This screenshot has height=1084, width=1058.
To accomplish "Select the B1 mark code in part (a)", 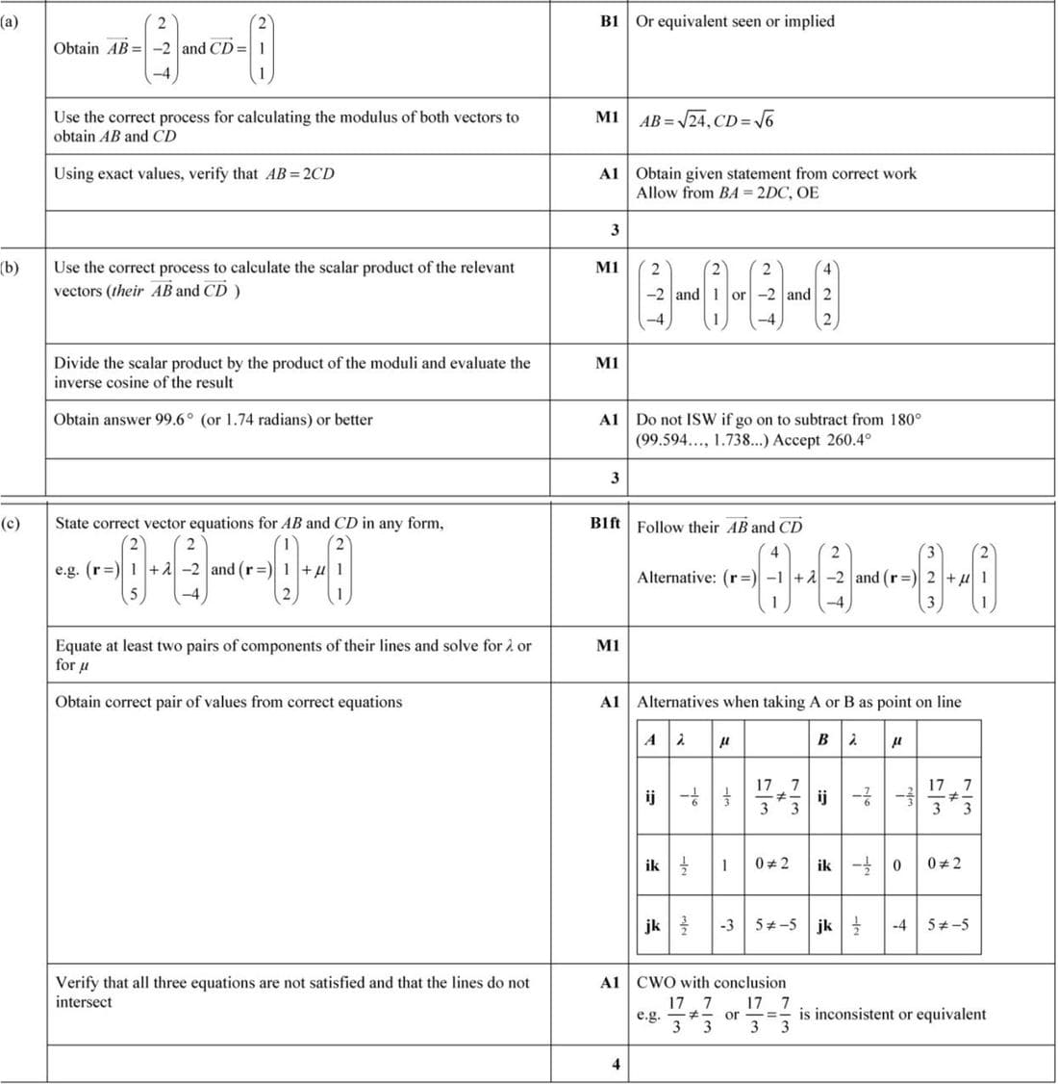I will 608,20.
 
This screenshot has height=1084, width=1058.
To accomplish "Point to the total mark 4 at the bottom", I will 616,1064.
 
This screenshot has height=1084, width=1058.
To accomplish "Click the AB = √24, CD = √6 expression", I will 706,121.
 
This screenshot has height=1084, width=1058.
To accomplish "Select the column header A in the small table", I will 650,739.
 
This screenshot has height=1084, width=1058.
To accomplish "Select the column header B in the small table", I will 822,739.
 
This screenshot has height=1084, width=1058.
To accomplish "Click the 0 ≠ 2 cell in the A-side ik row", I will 771,864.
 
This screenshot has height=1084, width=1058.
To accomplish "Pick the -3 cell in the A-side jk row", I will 727,925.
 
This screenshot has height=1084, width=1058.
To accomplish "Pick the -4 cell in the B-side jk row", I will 899,925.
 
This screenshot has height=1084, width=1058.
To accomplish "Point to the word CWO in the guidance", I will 656,983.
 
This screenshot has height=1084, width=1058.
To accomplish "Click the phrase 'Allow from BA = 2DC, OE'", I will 727,193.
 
